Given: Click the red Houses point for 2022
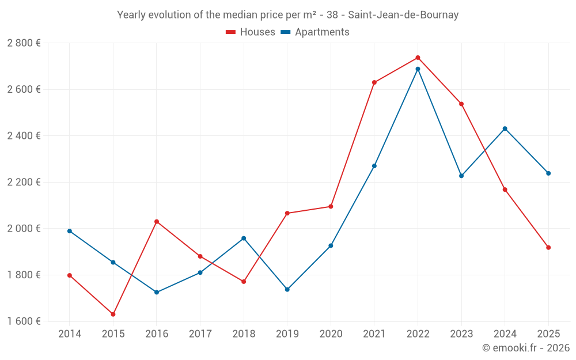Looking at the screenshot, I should click(x=418, y=58).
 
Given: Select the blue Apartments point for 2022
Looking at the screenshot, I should click(x=418, y=69).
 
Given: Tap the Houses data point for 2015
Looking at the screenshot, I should click(x=113, y=314).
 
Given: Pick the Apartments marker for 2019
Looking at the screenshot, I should click(x=287, y=289).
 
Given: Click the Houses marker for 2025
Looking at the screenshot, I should click(x=548, y=248).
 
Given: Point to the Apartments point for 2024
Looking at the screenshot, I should click(x=505, y=128).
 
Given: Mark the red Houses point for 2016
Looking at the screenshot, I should click(x=157, y=222).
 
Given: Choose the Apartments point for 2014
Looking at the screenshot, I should click(x=70, y=231).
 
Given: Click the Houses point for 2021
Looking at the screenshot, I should click(x=374, y=82).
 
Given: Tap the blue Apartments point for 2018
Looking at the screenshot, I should click(x=244, y=238).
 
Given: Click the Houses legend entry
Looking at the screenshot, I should click(x=251, y=32).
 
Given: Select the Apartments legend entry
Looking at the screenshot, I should click(x=315, y=32).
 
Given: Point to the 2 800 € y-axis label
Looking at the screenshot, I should click(x=24, y=43).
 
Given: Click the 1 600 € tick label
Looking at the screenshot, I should click(x=24, y=321).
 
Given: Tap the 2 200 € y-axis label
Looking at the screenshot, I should click(x=24, y=182).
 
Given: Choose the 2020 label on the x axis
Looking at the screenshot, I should click(x=331, y=334).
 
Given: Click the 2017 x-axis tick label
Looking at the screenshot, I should click(x=200, y=334).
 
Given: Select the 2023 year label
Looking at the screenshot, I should click(x=461, y=334).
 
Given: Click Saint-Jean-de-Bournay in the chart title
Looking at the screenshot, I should click(x=403, y=15).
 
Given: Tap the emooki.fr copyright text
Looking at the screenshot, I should click(x=525, y=348).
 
